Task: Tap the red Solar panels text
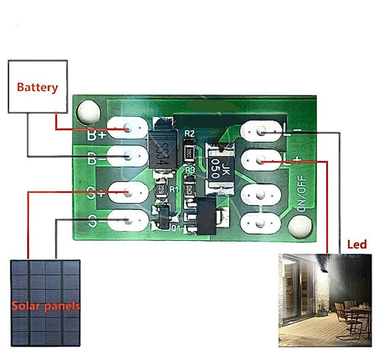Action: point(45,306)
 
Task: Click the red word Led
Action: point(357,244)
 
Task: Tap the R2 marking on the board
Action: point(189,134)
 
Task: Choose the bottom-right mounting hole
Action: point(300,227)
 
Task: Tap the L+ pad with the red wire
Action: point(262,162)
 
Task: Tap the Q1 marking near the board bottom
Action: point(176,228)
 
